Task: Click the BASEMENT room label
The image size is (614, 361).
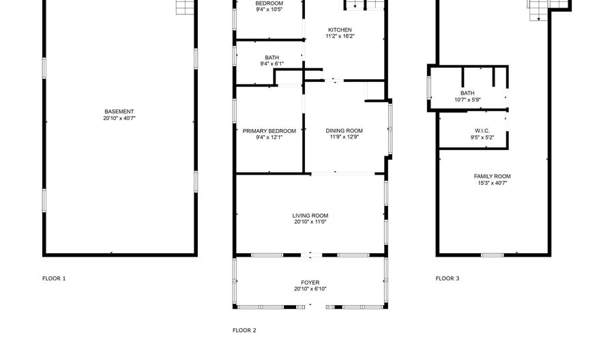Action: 119,112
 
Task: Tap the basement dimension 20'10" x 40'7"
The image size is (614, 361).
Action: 119,118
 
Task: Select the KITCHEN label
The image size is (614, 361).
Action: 340,30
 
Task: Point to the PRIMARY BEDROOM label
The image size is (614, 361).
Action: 269,131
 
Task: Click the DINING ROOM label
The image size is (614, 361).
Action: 345,131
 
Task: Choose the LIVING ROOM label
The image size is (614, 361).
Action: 310,216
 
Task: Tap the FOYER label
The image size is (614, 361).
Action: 310,283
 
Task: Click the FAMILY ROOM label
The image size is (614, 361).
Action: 492,177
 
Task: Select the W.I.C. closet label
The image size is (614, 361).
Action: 482,131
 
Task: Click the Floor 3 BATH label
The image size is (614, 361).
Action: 467,93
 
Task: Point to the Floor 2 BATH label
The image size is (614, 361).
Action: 272,58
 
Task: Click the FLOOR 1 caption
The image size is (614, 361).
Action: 54,278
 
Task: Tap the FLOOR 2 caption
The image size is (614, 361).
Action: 244,330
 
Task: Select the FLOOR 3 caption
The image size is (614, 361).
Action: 448,278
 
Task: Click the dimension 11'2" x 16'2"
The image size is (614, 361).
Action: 340,36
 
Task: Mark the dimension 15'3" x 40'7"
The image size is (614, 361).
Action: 492,183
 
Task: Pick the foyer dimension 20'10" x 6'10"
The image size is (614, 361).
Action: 310,289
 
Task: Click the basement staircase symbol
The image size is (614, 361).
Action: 185,7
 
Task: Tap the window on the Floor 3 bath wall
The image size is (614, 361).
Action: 429,87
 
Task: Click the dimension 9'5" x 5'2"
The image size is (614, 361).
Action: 482,137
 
